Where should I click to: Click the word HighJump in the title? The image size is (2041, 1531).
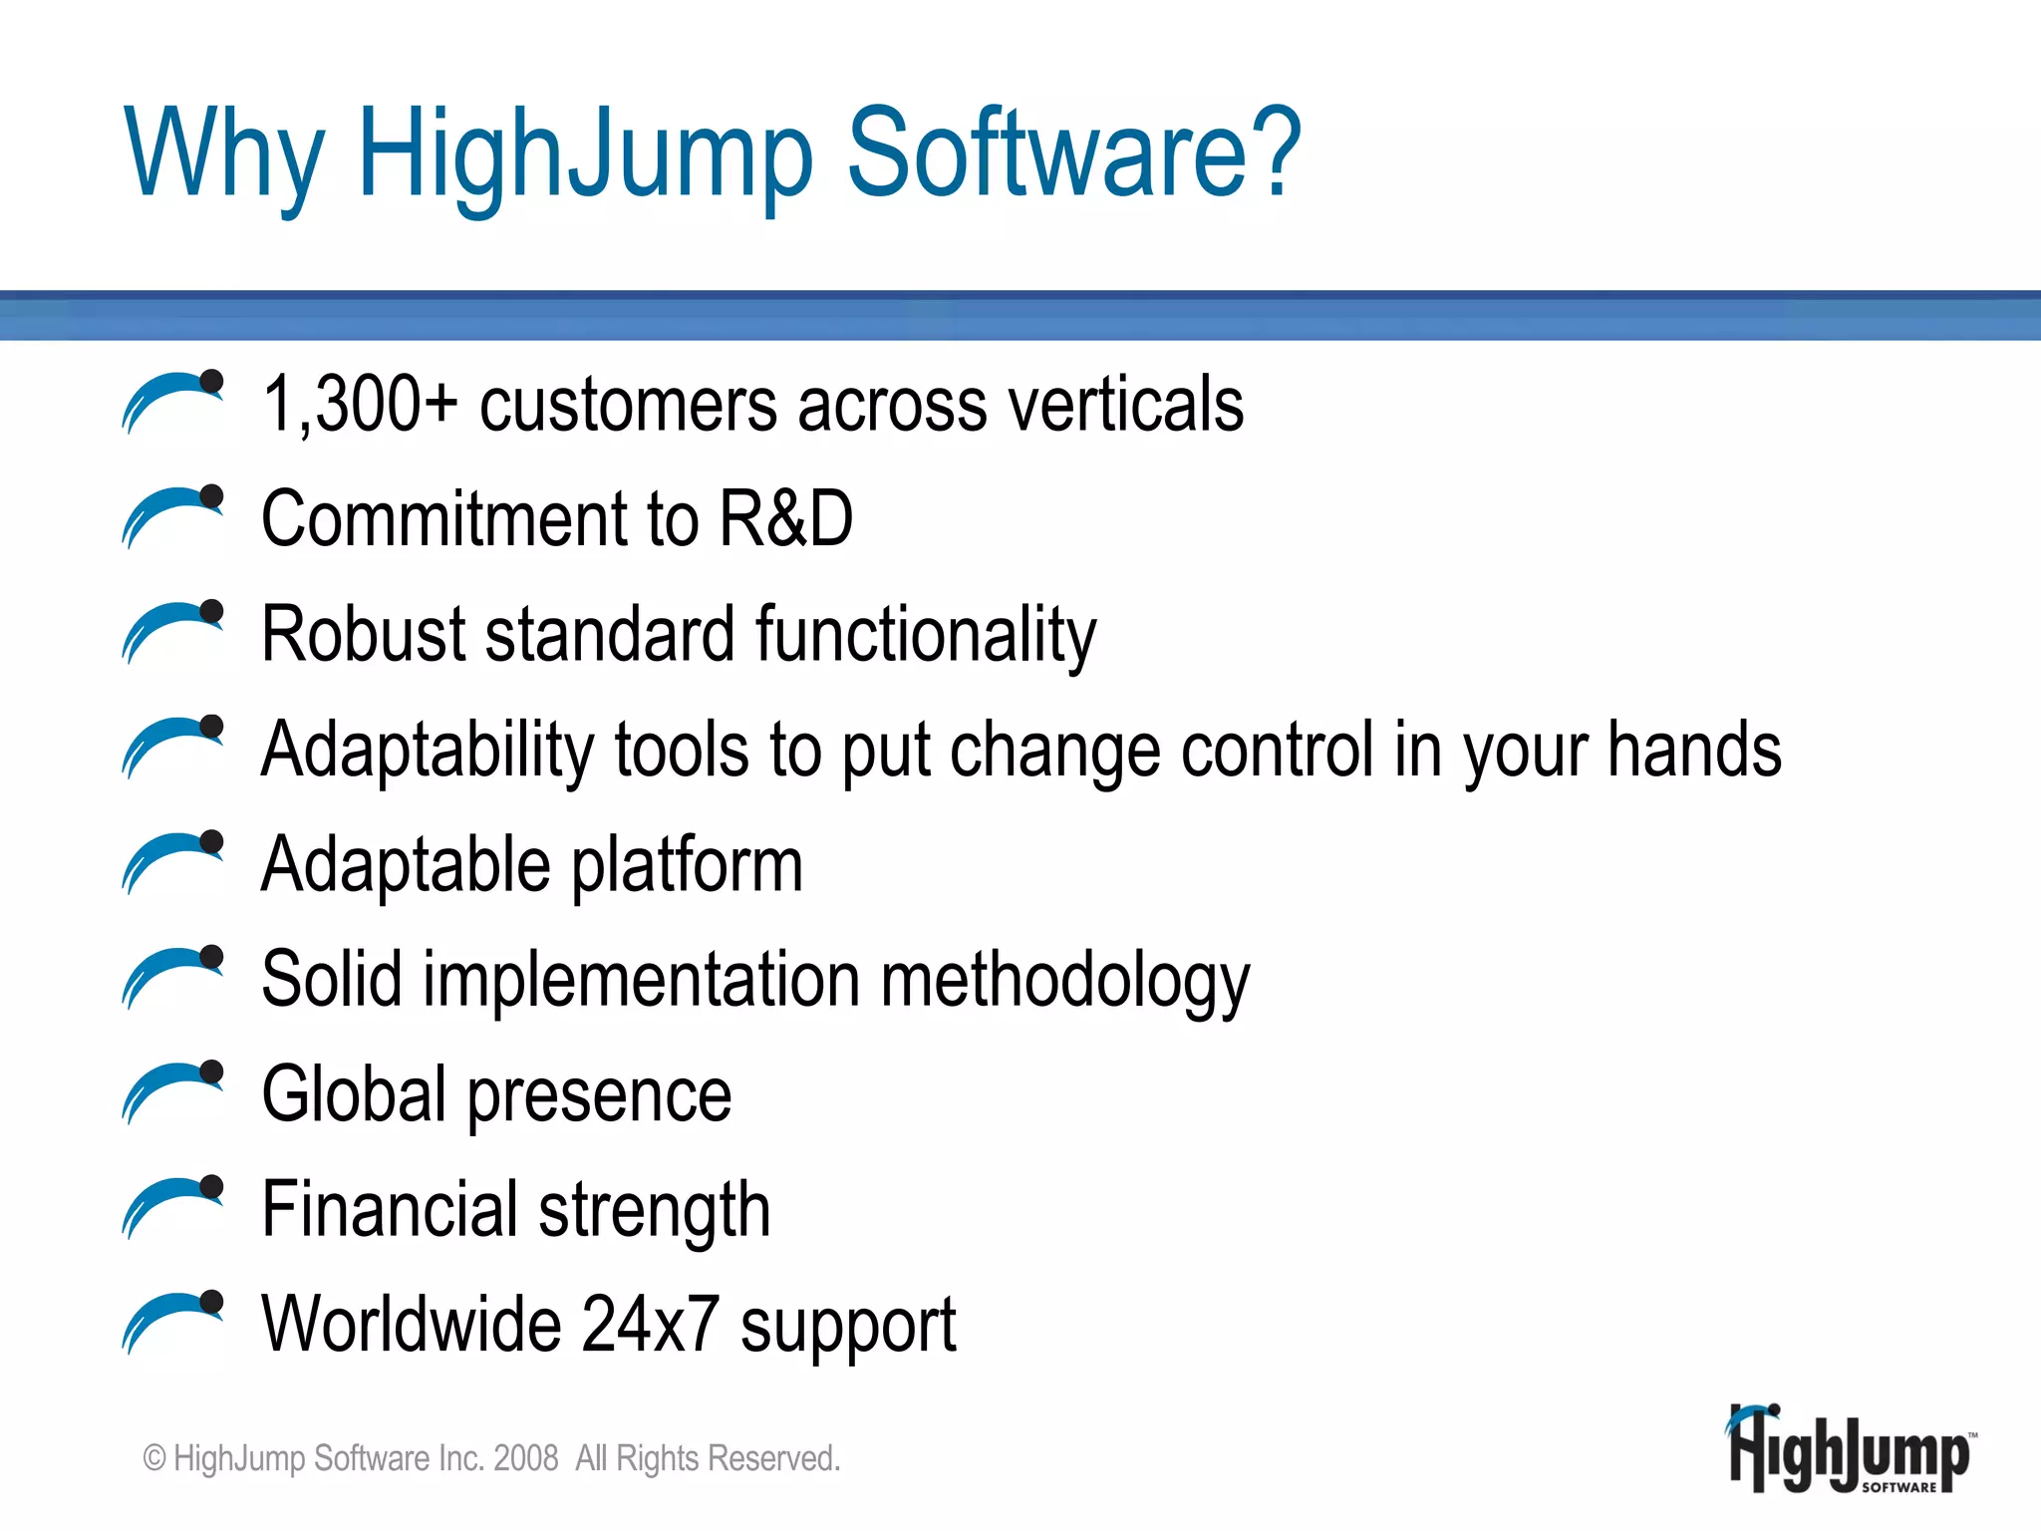click(x=586, y=154)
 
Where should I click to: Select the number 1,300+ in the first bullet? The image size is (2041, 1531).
click(x=360, y=405)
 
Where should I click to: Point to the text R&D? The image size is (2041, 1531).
click(x=785, y=519)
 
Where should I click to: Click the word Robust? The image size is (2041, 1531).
click(x=363, y=635)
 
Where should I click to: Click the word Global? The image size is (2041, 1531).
click(x=354, y=1094)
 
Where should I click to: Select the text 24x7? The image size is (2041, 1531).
click(x=650, y=1325)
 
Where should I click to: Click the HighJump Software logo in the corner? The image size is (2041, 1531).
click(x=1851, y=1451)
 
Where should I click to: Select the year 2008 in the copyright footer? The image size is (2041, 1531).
click(x=525, y=1458)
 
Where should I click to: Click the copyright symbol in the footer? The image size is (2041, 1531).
click(x=154, y=1459)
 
